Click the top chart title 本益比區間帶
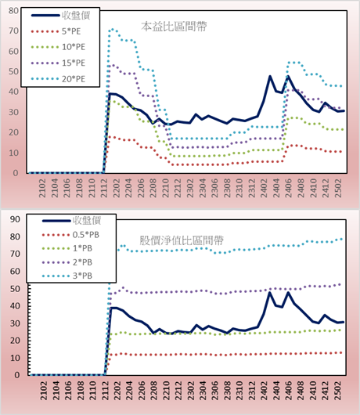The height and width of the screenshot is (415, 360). tap(174, 27)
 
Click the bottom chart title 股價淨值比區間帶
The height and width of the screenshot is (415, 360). tap(182, 240)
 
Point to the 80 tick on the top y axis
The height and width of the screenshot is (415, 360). tap(13, 11)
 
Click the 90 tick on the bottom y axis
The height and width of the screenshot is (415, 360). tap(15, 219)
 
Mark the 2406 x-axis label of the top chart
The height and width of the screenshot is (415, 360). tap(288, 188)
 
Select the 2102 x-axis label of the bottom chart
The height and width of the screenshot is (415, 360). tap(43, 391)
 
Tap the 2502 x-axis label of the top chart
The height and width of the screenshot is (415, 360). tap(338, 188)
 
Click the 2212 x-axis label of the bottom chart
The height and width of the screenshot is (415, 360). tap(178, 391)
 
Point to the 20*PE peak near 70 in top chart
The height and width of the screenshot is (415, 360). tap(113, 29)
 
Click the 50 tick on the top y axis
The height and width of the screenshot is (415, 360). tap(13, 71)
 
